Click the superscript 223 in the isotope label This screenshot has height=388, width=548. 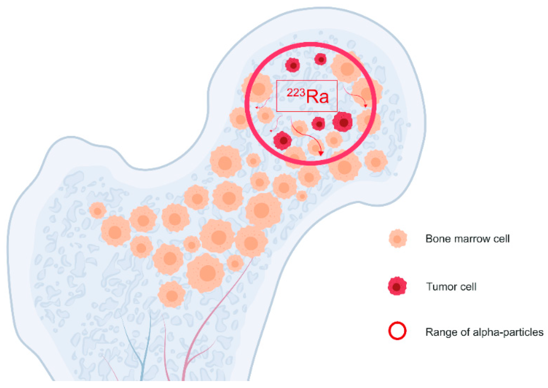[296, 93]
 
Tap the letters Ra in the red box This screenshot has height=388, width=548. [317, 97]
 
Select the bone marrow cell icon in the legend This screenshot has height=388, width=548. [398, 238]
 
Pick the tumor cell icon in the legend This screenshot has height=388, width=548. [397, 286]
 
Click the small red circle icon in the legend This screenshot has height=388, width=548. [397, 331]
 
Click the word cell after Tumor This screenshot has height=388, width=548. [468, 287]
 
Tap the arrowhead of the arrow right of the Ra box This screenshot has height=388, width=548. [366, 106]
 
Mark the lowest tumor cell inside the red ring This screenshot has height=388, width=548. [282, 140]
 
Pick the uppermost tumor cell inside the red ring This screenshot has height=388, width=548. [320, 59]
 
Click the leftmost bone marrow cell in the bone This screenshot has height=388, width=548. [97, 211]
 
